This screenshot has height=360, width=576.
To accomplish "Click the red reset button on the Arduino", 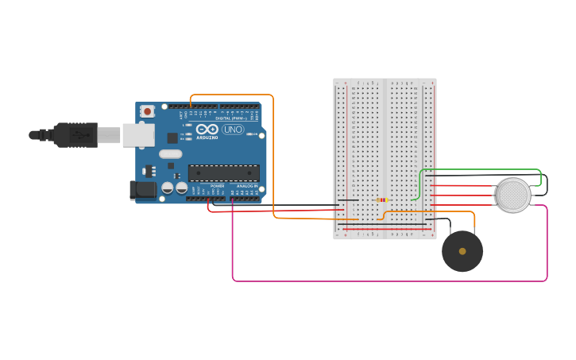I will point(147,112).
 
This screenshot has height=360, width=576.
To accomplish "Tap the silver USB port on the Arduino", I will point(137,134).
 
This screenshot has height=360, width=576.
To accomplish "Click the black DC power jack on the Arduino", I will point(143,190).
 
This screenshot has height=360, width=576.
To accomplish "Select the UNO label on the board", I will point(233,130).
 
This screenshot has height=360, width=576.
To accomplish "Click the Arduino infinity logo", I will point(207,130).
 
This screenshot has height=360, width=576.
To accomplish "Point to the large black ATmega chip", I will point(223,172).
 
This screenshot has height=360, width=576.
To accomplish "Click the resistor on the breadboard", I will point(382,200).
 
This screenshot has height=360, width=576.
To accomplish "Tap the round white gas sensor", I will point(513,195).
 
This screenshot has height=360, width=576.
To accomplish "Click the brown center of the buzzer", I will point(462,251).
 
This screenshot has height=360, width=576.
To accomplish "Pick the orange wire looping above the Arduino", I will point(230,95).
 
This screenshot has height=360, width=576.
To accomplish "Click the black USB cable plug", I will point(75,135).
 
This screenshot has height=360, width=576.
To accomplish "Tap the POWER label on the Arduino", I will point(217,186).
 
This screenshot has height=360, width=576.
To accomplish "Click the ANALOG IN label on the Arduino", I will point(247,186).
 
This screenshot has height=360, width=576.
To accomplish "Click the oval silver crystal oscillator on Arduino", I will point(170,154).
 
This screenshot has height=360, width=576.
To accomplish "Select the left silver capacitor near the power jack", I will point(168,188).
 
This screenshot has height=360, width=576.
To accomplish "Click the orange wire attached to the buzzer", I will point(445,212).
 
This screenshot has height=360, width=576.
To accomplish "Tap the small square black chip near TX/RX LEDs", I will point(172,138).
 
